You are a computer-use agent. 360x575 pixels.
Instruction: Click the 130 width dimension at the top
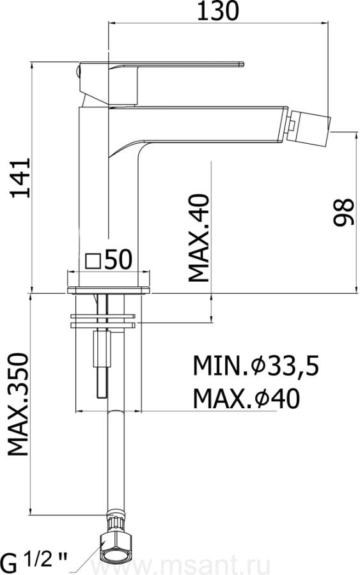pos(218,11)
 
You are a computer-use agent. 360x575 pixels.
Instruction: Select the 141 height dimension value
pos(20,178)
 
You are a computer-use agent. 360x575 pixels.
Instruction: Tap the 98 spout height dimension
pos(344,212)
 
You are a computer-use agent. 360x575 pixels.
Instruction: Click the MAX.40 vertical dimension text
pos(198,238)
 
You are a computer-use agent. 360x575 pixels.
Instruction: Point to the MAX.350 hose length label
pos(19,404)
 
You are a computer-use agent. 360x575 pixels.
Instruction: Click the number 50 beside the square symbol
pos(118,259)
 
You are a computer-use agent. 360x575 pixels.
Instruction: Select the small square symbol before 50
pos(93,261)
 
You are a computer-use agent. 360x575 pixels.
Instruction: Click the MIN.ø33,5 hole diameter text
pos(256,365)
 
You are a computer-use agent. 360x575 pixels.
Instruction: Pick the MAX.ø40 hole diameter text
pos(247,399)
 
